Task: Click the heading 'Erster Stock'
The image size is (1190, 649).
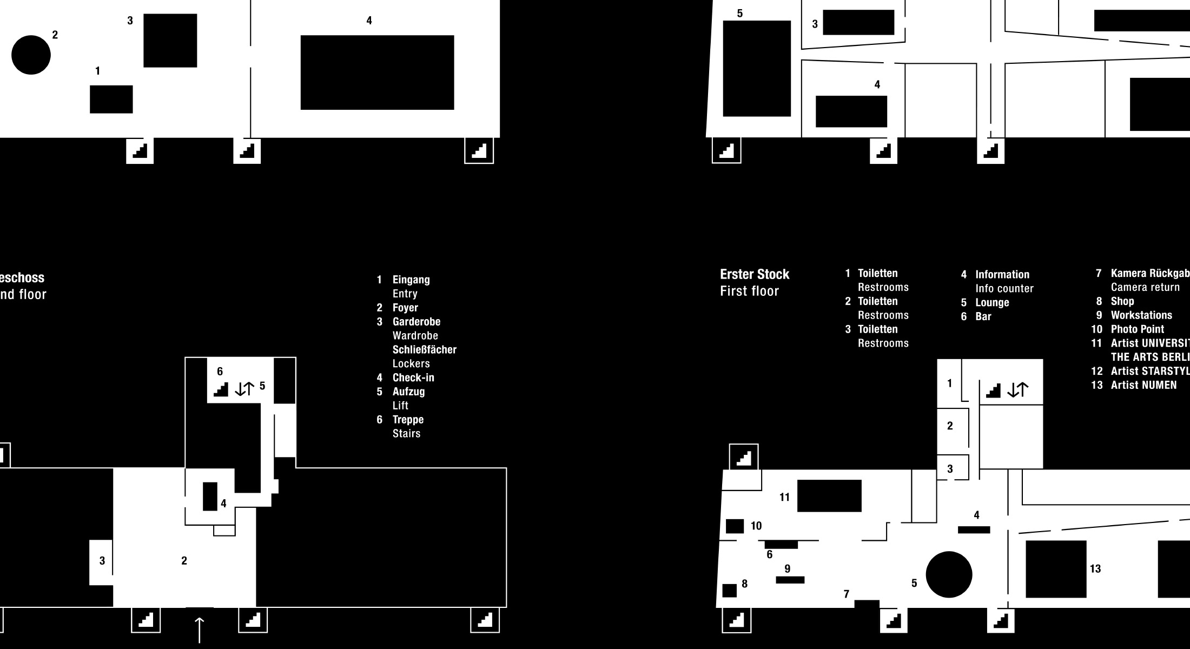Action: tap(755, 274)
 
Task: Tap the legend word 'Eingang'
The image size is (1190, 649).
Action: tap(411, 280)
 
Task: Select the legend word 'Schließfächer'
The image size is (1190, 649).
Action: tap(425, 349)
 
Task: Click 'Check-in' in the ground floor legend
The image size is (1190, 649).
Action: tap(413, 378)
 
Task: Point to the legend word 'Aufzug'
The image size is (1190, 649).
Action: tap(408, 392)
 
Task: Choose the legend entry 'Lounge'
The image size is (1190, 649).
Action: tap(992, 302)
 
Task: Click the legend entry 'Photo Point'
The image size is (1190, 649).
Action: tap(1137, 329)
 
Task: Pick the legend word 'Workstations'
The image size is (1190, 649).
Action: tap(1141, 315)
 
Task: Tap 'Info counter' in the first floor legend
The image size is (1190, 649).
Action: tap(1004, 288)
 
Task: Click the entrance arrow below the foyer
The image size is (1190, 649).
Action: tap(200, 630)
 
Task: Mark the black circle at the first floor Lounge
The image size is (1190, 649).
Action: tap(949, 574)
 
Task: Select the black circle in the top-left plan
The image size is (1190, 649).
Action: tap(31, 55)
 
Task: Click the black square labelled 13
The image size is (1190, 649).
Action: tap(1056, 569)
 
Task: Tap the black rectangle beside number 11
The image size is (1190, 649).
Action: tap(829, 495)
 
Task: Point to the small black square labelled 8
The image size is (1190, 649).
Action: tap(730, 590)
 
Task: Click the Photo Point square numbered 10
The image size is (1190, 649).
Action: tap(735, 526)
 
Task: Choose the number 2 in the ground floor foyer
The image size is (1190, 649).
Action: tap(184, 561)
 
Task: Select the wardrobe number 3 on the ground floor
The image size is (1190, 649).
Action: tap(102, 561)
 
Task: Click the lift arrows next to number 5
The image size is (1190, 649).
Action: tap(244, 388)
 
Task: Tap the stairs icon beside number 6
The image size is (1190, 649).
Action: tap(221, 389)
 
